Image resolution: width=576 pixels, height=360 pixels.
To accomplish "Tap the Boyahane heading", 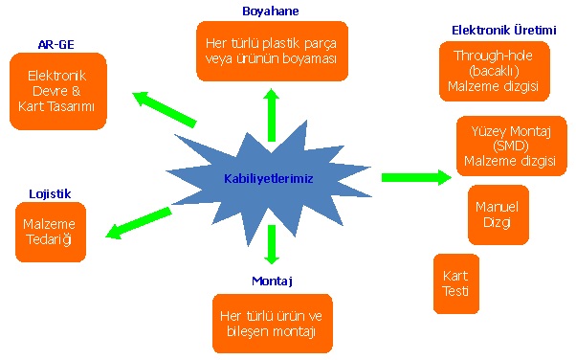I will pos(271,11).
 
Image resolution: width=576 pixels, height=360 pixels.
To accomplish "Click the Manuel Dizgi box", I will pos(498,214).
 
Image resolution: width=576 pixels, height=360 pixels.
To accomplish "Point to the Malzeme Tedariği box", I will pos(50,232).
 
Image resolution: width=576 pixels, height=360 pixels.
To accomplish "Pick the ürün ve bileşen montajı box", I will pos(273,323).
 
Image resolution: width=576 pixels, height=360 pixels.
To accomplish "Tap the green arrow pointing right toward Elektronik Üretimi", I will pos(415,177).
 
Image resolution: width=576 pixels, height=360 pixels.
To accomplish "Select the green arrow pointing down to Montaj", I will pos(272,244).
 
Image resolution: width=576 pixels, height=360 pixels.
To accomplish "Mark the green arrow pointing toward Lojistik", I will pos(138,222).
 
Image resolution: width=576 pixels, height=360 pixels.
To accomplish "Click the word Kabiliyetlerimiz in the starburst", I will pos(269,178).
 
